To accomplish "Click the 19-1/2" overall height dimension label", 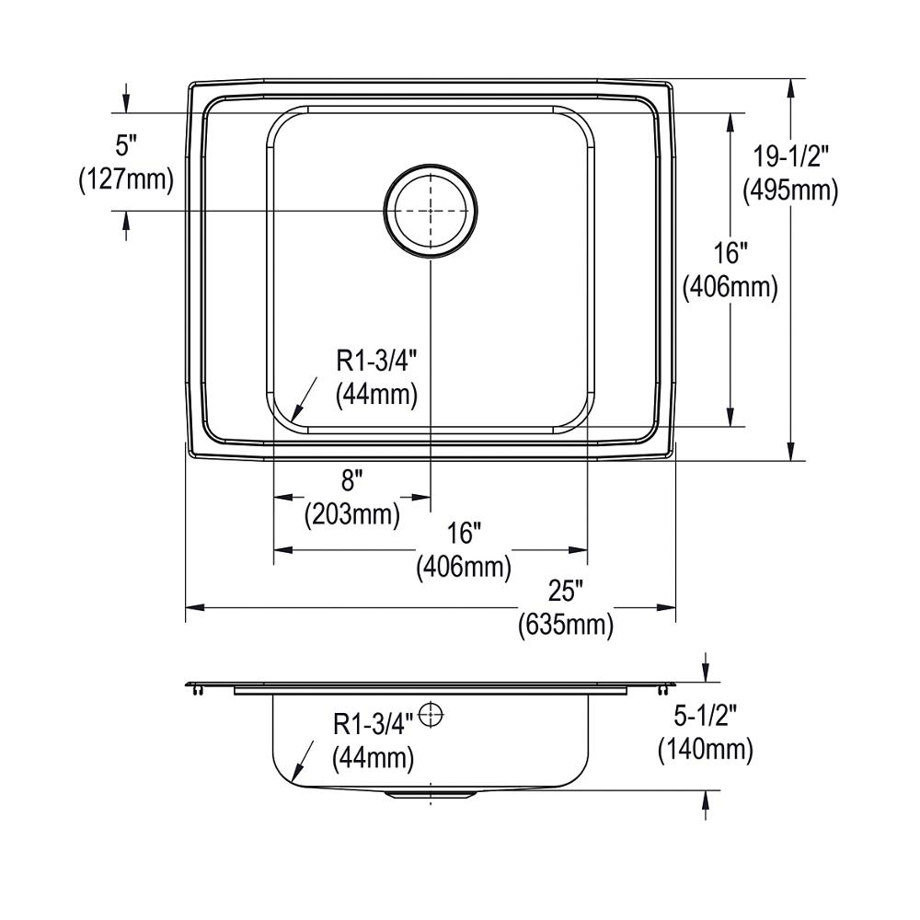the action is [790, 157].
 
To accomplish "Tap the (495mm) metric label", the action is [790, 190].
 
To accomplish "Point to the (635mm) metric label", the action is [566, 625].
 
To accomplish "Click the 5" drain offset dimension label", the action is [125, 145].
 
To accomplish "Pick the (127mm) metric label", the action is [126, 179].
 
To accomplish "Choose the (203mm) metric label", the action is [352, 515].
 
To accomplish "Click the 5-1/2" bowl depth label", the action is [705, 716].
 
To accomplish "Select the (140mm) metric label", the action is [706, 749].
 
